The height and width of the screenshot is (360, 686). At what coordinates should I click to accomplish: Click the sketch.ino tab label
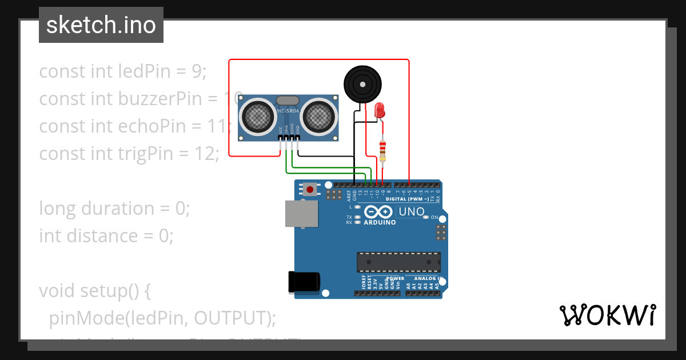click(x=101, y=25)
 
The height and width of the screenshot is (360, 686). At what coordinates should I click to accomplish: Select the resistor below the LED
click(x=382, y=150)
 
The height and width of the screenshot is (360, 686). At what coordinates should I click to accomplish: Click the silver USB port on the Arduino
click(x=302, y=213)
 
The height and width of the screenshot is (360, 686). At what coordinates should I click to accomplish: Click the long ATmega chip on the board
click(x=398, y=262)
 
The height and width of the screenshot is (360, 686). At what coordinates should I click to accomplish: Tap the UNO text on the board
click(x=411, y=212)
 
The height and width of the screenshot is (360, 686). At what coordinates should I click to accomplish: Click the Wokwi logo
click(x=607, y=315)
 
